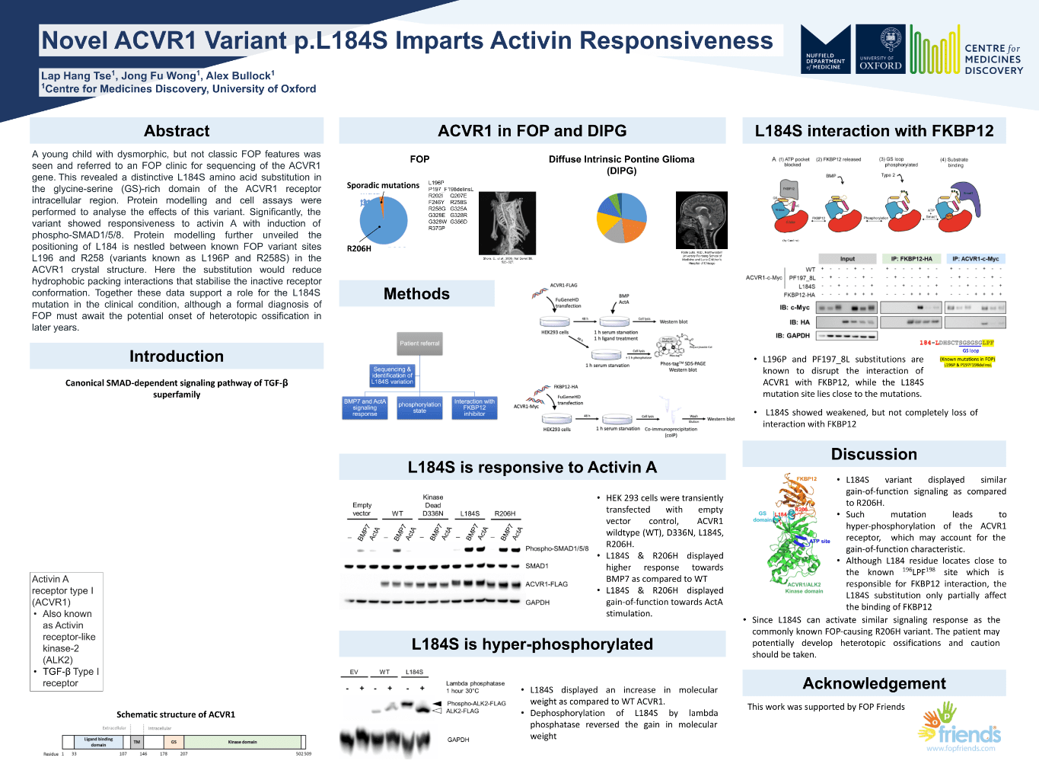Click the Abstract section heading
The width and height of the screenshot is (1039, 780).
pos(177,131)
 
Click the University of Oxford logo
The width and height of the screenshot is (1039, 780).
pos(880,50)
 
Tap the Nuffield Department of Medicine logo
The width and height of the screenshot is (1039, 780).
pos(826,50)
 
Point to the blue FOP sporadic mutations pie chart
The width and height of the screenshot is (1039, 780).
pos(383,220)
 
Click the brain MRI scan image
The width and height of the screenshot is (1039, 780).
pos(701,220)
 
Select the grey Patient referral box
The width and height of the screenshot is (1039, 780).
pos(419,344)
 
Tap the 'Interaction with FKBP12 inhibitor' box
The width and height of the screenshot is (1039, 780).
pos(474,408)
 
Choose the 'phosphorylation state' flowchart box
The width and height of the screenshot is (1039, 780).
pos(419,408)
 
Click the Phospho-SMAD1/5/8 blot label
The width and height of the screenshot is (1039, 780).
pos(556,548)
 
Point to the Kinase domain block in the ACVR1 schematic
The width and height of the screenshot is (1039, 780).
pos(243,742)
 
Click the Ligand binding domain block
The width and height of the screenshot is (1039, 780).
pos(99,742)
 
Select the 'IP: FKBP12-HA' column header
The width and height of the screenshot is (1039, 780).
pos(911,259)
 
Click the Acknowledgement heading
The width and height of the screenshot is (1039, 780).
pos(874,683)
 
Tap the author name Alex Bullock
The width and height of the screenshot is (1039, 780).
pos(240,75)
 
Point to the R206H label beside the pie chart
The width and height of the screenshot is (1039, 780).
pos(359,248)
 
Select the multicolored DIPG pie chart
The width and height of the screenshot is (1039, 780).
pos(622,218)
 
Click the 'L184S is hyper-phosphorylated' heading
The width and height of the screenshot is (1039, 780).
pos(532,644)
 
